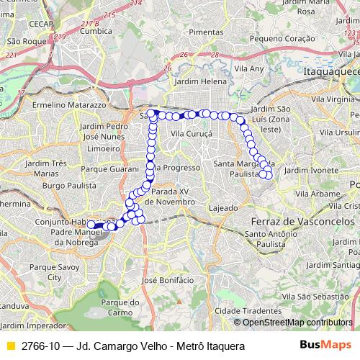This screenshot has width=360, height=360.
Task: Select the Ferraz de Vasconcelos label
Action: click(x=302, y=220)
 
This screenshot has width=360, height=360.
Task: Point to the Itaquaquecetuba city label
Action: click(x=332, y=73)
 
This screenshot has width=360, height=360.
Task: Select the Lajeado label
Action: click(x=222, y=208)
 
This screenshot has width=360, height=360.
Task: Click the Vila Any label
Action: click(x=250, y=69)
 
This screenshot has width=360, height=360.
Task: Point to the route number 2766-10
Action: click(x=40, y=346)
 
